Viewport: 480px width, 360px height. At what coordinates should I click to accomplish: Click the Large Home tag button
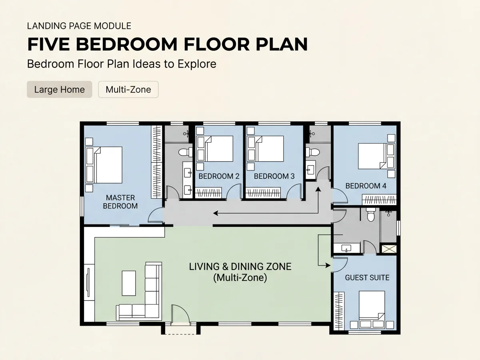pyautogui.click(x=60, y=89)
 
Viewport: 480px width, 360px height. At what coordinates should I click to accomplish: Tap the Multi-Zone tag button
pyautogui.click(x=128, y=89)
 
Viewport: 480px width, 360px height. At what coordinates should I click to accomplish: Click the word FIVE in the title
pyautogui.click(x=48, y=44)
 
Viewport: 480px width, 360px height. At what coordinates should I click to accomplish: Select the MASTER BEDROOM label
pyautogui.click(x=120, y=202)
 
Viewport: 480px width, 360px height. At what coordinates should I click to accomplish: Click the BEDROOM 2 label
pyautogui.click(x=219, y=176)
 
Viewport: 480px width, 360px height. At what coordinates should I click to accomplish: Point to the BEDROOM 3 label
pyautogui.click(x=274, y=176)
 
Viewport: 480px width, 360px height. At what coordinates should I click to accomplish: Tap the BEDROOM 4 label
pyautogui.click(x=366, y=186)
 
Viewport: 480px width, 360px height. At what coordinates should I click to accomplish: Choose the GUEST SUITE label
pyautogui.click(x=367, y=278)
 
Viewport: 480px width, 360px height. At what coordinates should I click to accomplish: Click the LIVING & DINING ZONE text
pyautogui.click(x=240, y=267)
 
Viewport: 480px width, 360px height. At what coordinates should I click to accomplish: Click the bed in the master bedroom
pyautogui.click(x=104, y=165)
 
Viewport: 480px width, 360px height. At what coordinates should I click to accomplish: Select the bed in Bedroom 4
pyautogui.click(x=376, y=156)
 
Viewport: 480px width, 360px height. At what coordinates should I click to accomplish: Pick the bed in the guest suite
pyautogui.click(x=372, y=310)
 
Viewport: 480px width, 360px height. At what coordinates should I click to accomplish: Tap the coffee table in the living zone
pyautogui.click(x=129, y=283)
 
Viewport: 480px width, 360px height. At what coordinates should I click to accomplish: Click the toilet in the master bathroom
pyautogui.click(x=186, y=152)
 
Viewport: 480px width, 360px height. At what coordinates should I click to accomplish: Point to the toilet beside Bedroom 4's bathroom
pyautogui.click(x=313, y=152)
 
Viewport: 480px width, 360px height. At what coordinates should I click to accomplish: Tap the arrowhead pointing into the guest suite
pyautogui.click(x=328, y=266)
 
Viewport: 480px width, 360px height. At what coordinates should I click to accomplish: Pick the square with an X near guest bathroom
pyautogui.click(x=389, y=249)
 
